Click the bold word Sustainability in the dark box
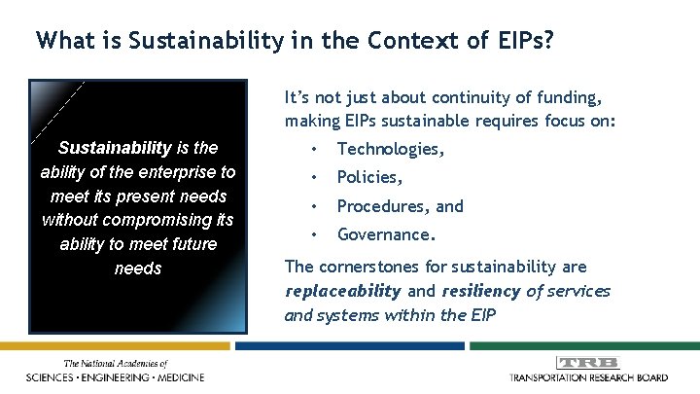click(115, 149)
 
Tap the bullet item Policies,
click(369, 177)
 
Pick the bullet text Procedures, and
click(401, 206)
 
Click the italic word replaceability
click(342, 291)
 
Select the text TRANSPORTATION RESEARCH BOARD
click(587, 376)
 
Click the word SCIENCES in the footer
click(53, 376)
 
